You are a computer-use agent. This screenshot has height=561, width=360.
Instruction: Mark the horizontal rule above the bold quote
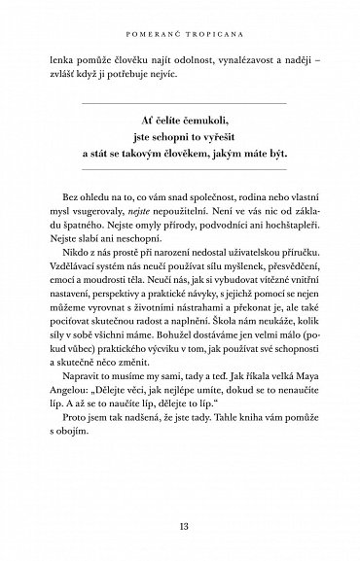180,100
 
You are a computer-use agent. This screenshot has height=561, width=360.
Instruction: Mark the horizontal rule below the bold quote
180,177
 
